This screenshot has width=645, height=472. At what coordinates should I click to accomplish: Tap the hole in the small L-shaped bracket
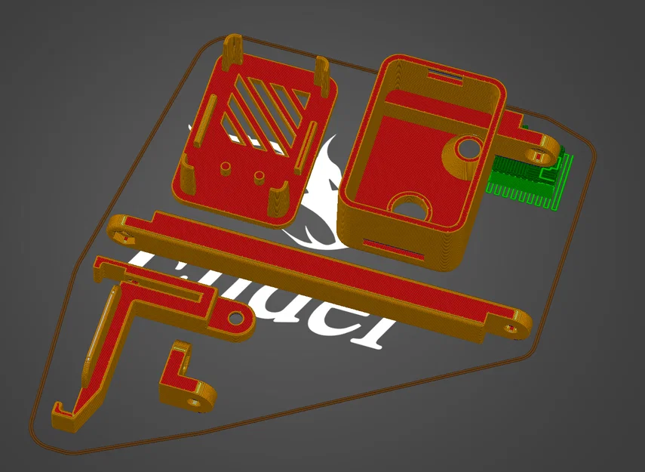click(x=198, y=400)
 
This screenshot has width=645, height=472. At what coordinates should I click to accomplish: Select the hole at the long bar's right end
click(x=513, y=327)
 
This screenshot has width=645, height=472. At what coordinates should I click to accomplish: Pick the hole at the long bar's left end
click(x=121, y=235)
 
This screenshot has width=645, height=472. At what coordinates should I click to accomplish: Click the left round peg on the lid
click(x=226, y=165)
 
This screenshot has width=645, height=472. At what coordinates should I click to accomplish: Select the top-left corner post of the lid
click(x=232, y=49)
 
